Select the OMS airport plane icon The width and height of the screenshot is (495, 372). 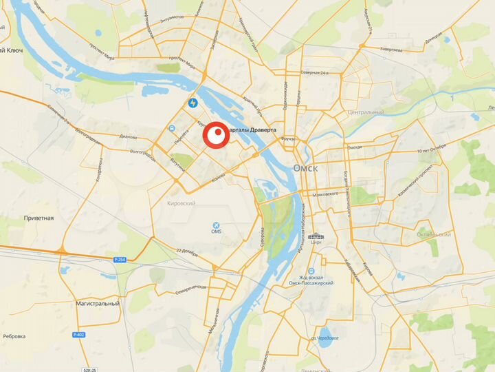[217, 226]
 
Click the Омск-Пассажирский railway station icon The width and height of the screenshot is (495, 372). [311, 271]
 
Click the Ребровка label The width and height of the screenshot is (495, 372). [14, 336]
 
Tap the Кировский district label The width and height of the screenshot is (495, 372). [181, 204]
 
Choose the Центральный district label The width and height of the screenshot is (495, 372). [366, 112]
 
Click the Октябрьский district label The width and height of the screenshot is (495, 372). [434, 234]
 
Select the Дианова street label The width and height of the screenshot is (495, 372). [128, 136]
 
